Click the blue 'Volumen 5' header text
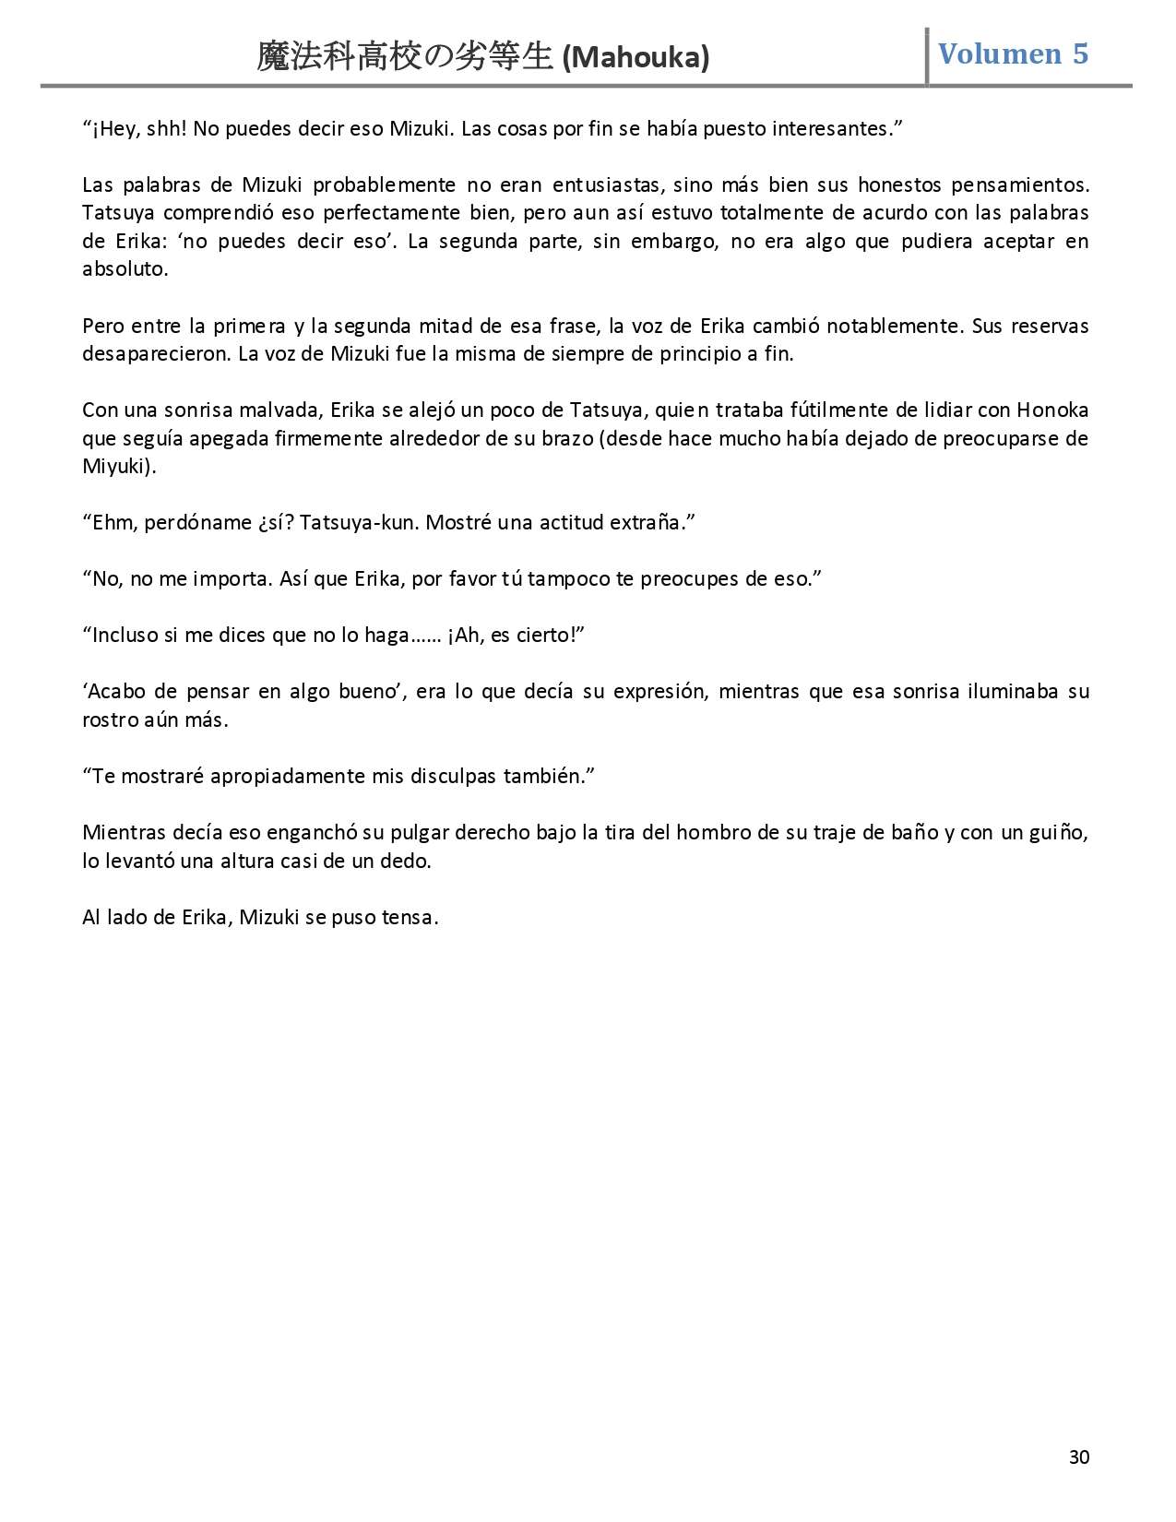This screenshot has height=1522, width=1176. coord(1013,54)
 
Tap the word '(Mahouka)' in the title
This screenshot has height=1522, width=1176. coord(636,58)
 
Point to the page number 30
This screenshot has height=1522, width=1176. coord(1078,1457)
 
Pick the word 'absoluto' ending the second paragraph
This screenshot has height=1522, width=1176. coord(125,269)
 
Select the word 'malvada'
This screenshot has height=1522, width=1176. coord(267,410)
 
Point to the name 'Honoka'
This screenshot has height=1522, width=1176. coord(1052,410)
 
